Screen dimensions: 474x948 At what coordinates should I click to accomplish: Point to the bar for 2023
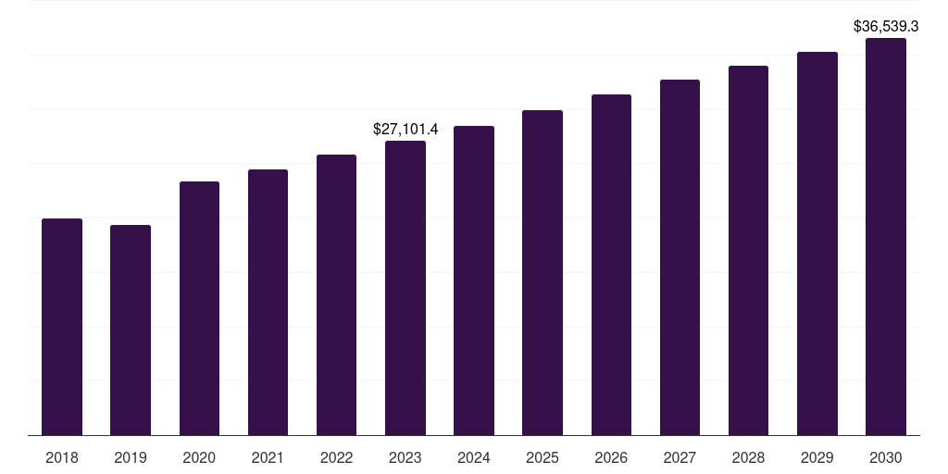click(405, 288)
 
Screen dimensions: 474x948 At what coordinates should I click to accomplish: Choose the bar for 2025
click(543, 273)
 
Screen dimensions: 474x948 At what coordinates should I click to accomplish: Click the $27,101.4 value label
click(405, 129)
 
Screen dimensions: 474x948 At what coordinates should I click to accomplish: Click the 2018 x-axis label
click(62, 457)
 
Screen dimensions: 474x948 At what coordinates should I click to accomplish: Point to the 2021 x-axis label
click(268, 457)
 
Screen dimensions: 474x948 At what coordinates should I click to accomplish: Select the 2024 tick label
click(474, 457)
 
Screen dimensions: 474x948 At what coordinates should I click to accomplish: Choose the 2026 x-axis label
click(611, 457)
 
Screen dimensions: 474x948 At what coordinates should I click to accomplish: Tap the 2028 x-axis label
click(748, 457)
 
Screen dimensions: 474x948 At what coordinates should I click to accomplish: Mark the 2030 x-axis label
click(886, 457)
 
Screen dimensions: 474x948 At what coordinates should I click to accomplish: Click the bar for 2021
click(268, 302)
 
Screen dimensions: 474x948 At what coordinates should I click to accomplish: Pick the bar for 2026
click(611, 265)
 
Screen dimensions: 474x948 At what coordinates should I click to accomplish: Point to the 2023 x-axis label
click(405, 457)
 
